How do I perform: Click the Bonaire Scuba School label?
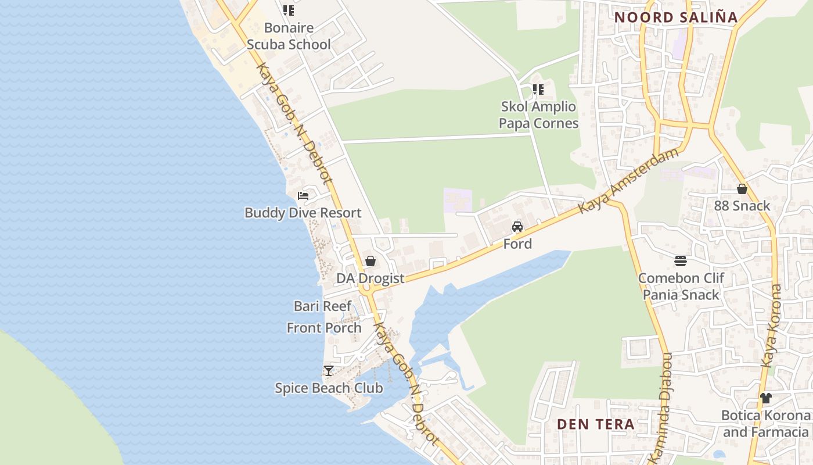pyautogui.click(x=289, y=36)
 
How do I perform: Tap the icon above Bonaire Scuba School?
pyautogui.click(x=289, y=10)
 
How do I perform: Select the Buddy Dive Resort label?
pyautogui.click(x=303, y=213)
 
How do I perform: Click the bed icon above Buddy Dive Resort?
pyautogui.click(x=303, y=195)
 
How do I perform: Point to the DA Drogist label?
pyautogui.click(x=370, y=278)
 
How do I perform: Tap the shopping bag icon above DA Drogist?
pyautogui.click(x=370, y=261)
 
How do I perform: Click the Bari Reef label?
pyautogui.click(x=322, y=306)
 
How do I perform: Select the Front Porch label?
pyautogui.click(x=324, y=328)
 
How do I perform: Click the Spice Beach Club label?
pyautogui.click(x=329, y=388)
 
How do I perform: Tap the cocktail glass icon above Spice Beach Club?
pyautogui.click(x=329, y=370)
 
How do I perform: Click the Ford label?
pyautogui.click(x=517, y=244)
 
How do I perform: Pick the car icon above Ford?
pyautogui.click(x=517, y=227)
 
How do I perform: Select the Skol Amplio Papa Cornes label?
pyautogui.click(x=538, y=115)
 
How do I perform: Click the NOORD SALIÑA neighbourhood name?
pyautogui.click(x=676, y=17)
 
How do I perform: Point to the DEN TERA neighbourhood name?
pyautogui.click(x=596, y=424)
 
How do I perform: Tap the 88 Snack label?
pyautogui.click(x=742, y=206)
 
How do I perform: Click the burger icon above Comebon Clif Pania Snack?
pyautogui.click(x=681, y=261)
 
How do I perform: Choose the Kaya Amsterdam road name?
pyautogui.click(x=629, y=181)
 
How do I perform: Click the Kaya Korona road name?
pyautogui.click(x=772, y=325)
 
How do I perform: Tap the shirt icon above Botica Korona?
pyautogui.click(x=766, y=398)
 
